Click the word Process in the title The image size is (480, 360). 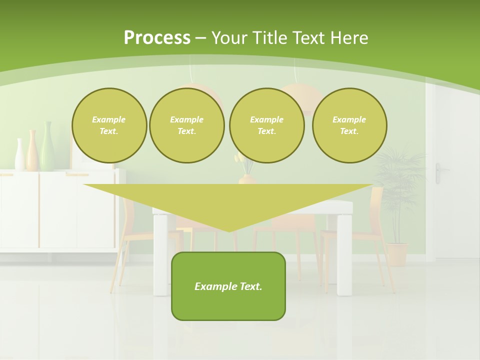(157, 38)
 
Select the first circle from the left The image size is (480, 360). (109, 125)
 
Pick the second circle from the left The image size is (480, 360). (187, 125)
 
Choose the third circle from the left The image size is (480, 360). (266, 125)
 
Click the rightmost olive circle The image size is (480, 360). (349, 125)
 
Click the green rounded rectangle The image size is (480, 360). (228, 300)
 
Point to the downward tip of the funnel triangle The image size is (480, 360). (229, 230)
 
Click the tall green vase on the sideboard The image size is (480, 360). (47, 147)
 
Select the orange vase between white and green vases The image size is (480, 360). (32, 151)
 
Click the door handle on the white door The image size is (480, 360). (438, 172)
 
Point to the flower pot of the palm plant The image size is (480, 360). (397, 254)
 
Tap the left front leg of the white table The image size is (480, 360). (160, 255)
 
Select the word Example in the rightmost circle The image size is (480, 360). (349, 119)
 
